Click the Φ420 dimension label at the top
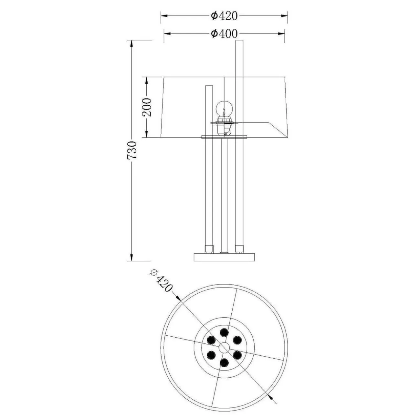click(x=224, y=16)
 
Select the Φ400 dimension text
click(x=224, y=34)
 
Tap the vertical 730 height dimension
click(x=132, y=150)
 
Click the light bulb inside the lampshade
click(x=224, y=109)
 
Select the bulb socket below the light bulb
click(x=224, y=127)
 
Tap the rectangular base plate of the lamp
click(x=224, y=257)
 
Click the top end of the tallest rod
click(x=239, y=40)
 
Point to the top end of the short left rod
click(x=209, y=86)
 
